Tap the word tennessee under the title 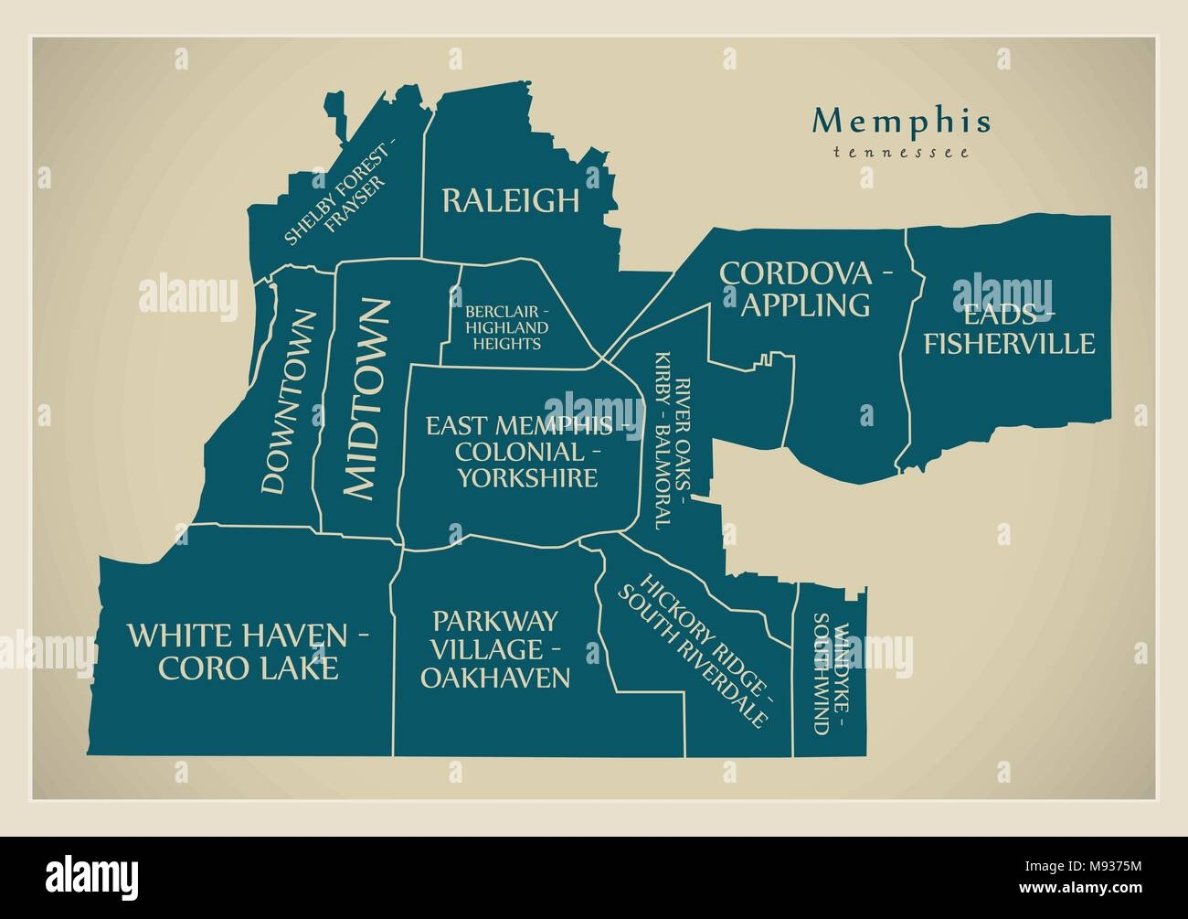pyautogui.click(x=900, y=153)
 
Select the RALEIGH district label pyautogui.click(x=510, y=200)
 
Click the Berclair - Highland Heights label pyautogui.click(x=506, y=327)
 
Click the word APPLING pyautogui.click(x=805, y=305)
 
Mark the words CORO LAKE pyautogui.click(x=248, y=668)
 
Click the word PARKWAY pyautogui.click(x=494, y=621)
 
